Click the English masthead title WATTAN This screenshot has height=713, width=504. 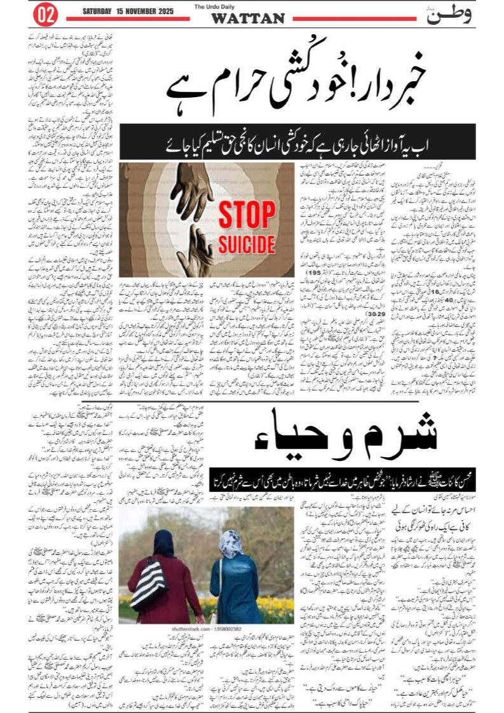point(248,18)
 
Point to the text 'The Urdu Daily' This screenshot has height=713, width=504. point(247,7)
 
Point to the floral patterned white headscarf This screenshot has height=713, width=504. point(230,543)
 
